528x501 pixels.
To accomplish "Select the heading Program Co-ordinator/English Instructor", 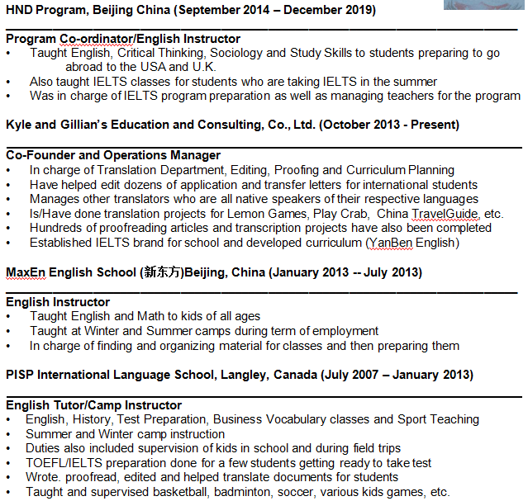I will click(123, 39).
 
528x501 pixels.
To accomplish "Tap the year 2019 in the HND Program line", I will click(359, 10).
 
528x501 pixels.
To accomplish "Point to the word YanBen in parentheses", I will click(388, 243).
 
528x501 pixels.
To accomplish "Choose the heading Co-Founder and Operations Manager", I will click(113, 155).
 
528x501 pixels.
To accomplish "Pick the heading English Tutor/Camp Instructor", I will click(93, 405).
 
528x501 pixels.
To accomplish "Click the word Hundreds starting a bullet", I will click(58, 228).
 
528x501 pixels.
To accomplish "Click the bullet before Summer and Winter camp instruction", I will click(9, 434).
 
